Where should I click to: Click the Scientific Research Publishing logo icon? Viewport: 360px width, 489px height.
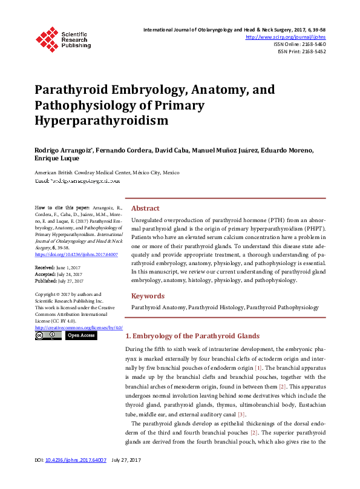point(47,38)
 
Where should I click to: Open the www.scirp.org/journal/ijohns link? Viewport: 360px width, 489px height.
point(286,37)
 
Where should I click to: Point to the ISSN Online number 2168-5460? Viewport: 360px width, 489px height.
point(312,44)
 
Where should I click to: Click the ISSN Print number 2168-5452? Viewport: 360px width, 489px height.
point(312,51)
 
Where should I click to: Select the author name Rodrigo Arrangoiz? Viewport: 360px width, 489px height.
point(64,149)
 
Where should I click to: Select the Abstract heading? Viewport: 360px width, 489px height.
point(145,208)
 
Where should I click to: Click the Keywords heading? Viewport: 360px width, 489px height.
point(148,296)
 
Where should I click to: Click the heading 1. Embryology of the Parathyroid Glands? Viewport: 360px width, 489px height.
point(192,336)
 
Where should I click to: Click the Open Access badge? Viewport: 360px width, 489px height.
point(80,335)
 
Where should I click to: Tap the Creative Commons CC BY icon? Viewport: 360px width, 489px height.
point(48,335)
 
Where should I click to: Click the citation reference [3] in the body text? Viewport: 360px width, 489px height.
point(241,414)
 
